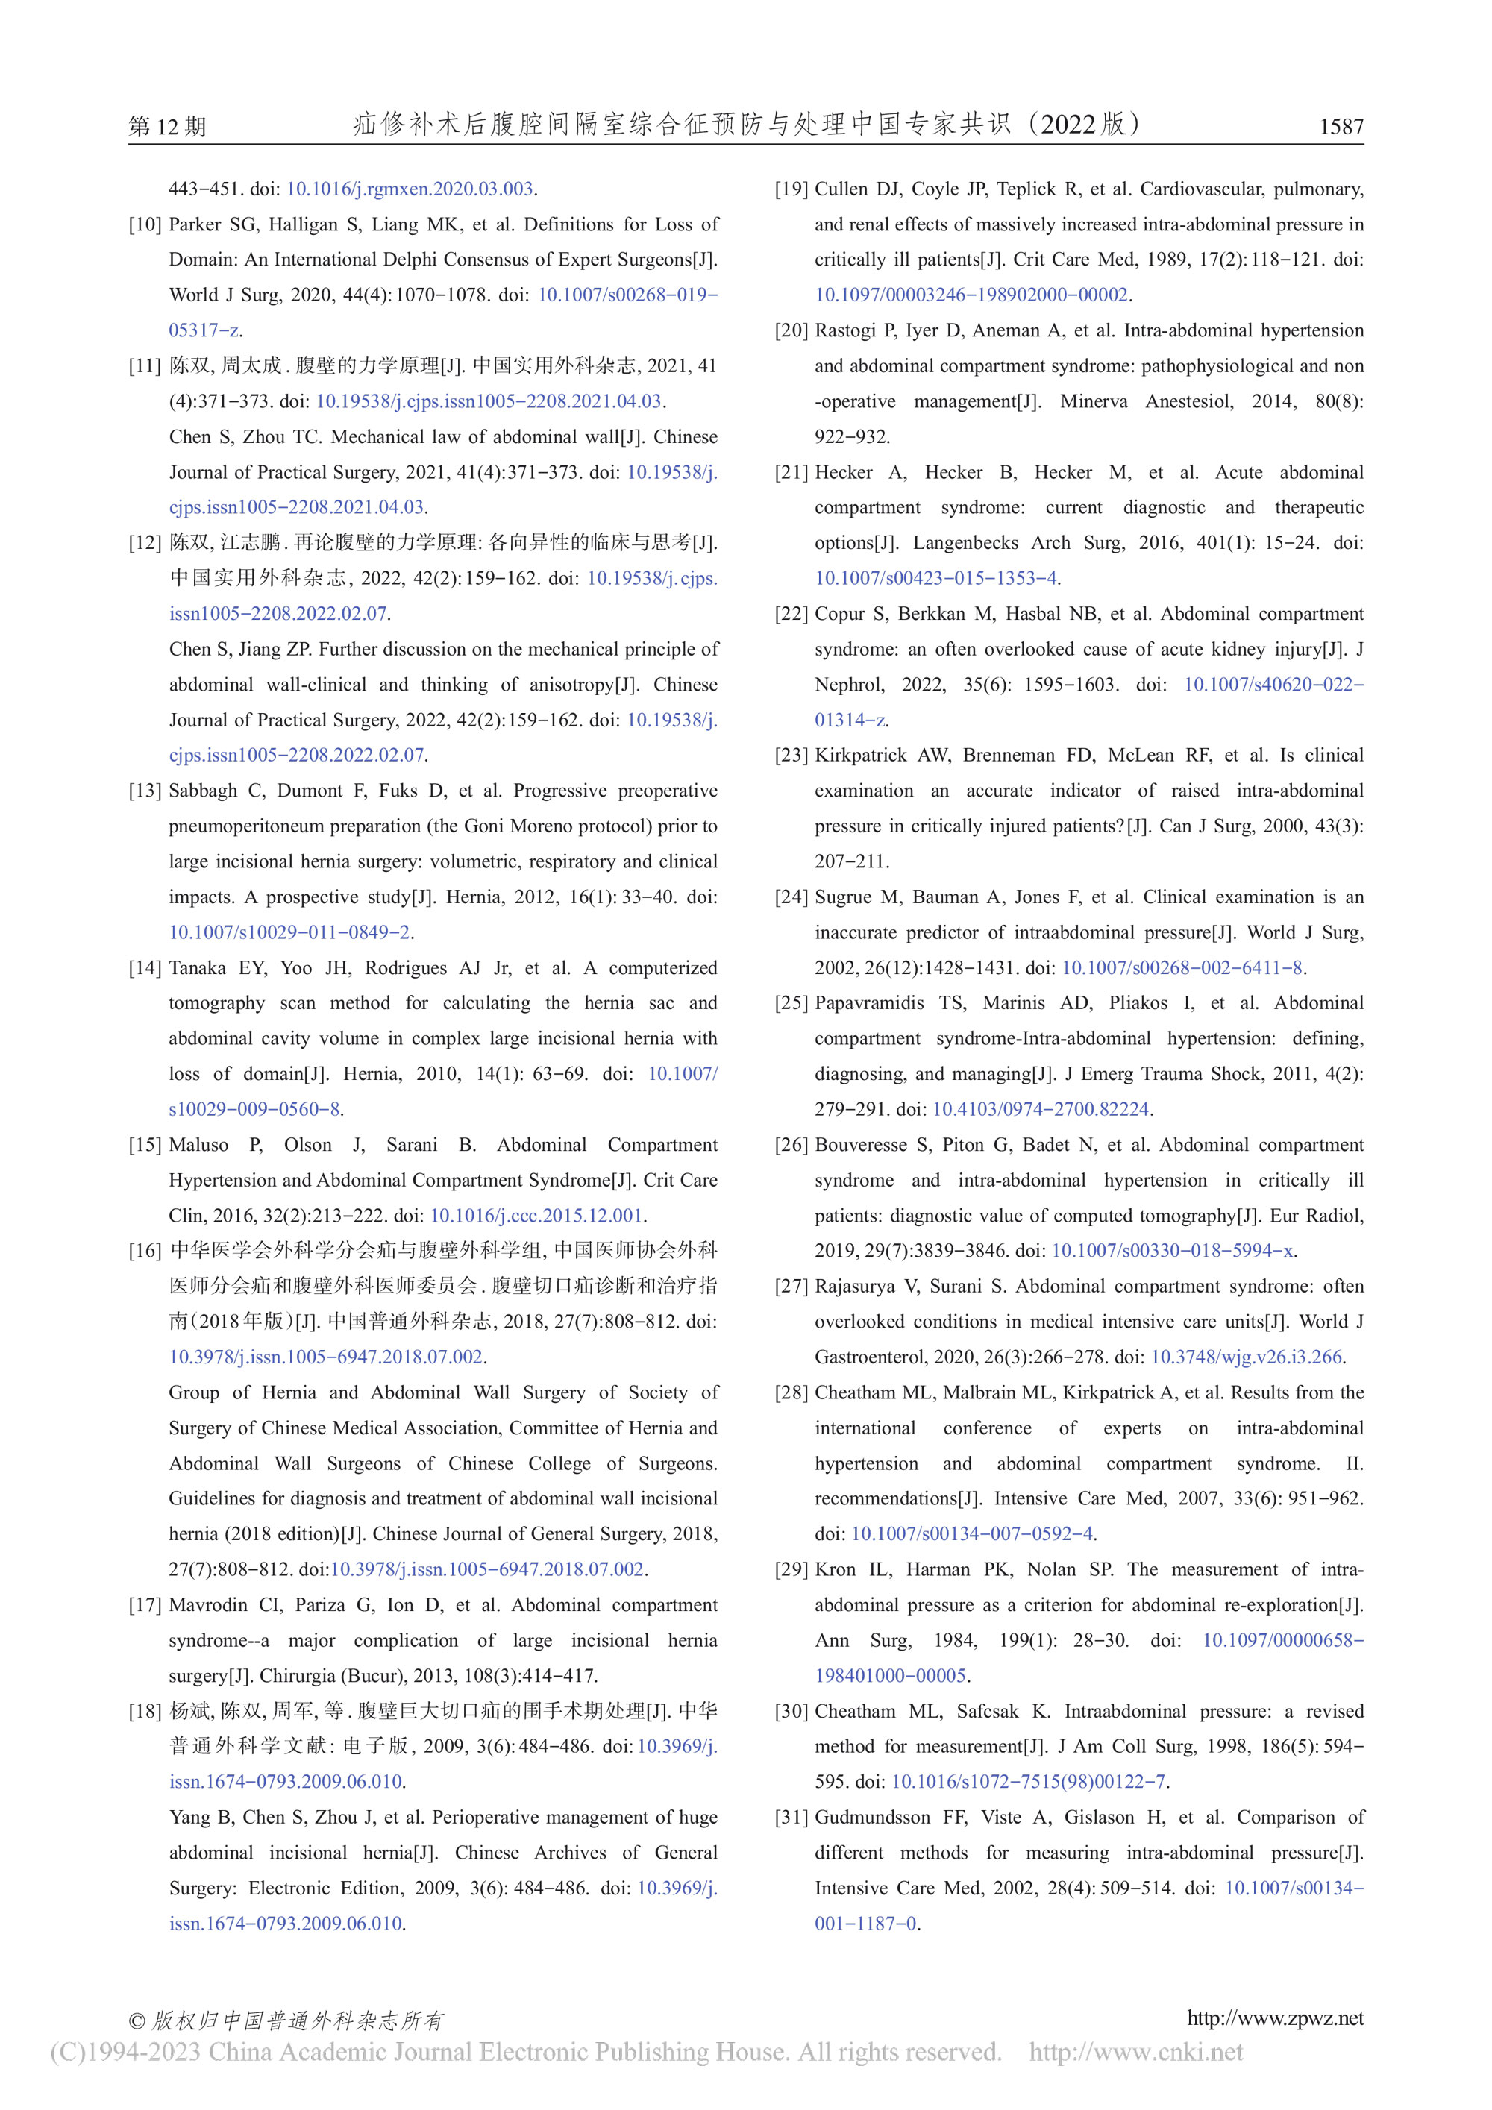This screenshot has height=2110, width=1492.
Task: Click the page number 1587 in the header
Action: [1341, 126]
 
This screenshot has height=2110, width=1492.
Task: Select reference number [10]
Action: [145, 224]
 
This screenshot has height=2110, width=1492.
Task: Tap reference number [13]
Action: [145, 791]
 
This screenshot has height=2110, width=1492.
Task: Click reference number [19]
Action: [792, 189]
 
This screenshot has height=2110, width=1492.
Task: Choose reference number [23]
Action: [792, 756]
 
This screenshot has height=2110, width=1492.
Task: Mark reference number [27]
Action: [792, 1286]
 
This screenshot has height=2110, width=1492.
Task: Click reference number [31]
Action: [792, 1817]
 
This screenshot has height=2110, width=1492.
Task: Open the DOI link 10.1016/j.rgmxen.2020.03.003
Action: [410, 189]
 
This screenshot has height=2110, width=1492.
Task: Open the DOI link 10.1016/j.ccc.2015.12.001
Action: [536, 1215]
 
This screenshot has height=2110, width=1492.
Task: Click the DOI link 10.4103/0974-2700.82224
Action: [1041, 1109]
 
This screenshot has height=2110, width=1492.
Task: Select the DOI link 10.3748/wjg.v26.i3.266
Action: [1247, 1357]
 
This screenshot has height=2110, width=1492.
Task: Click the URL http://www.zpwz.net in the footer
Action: [1275, 2018]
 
